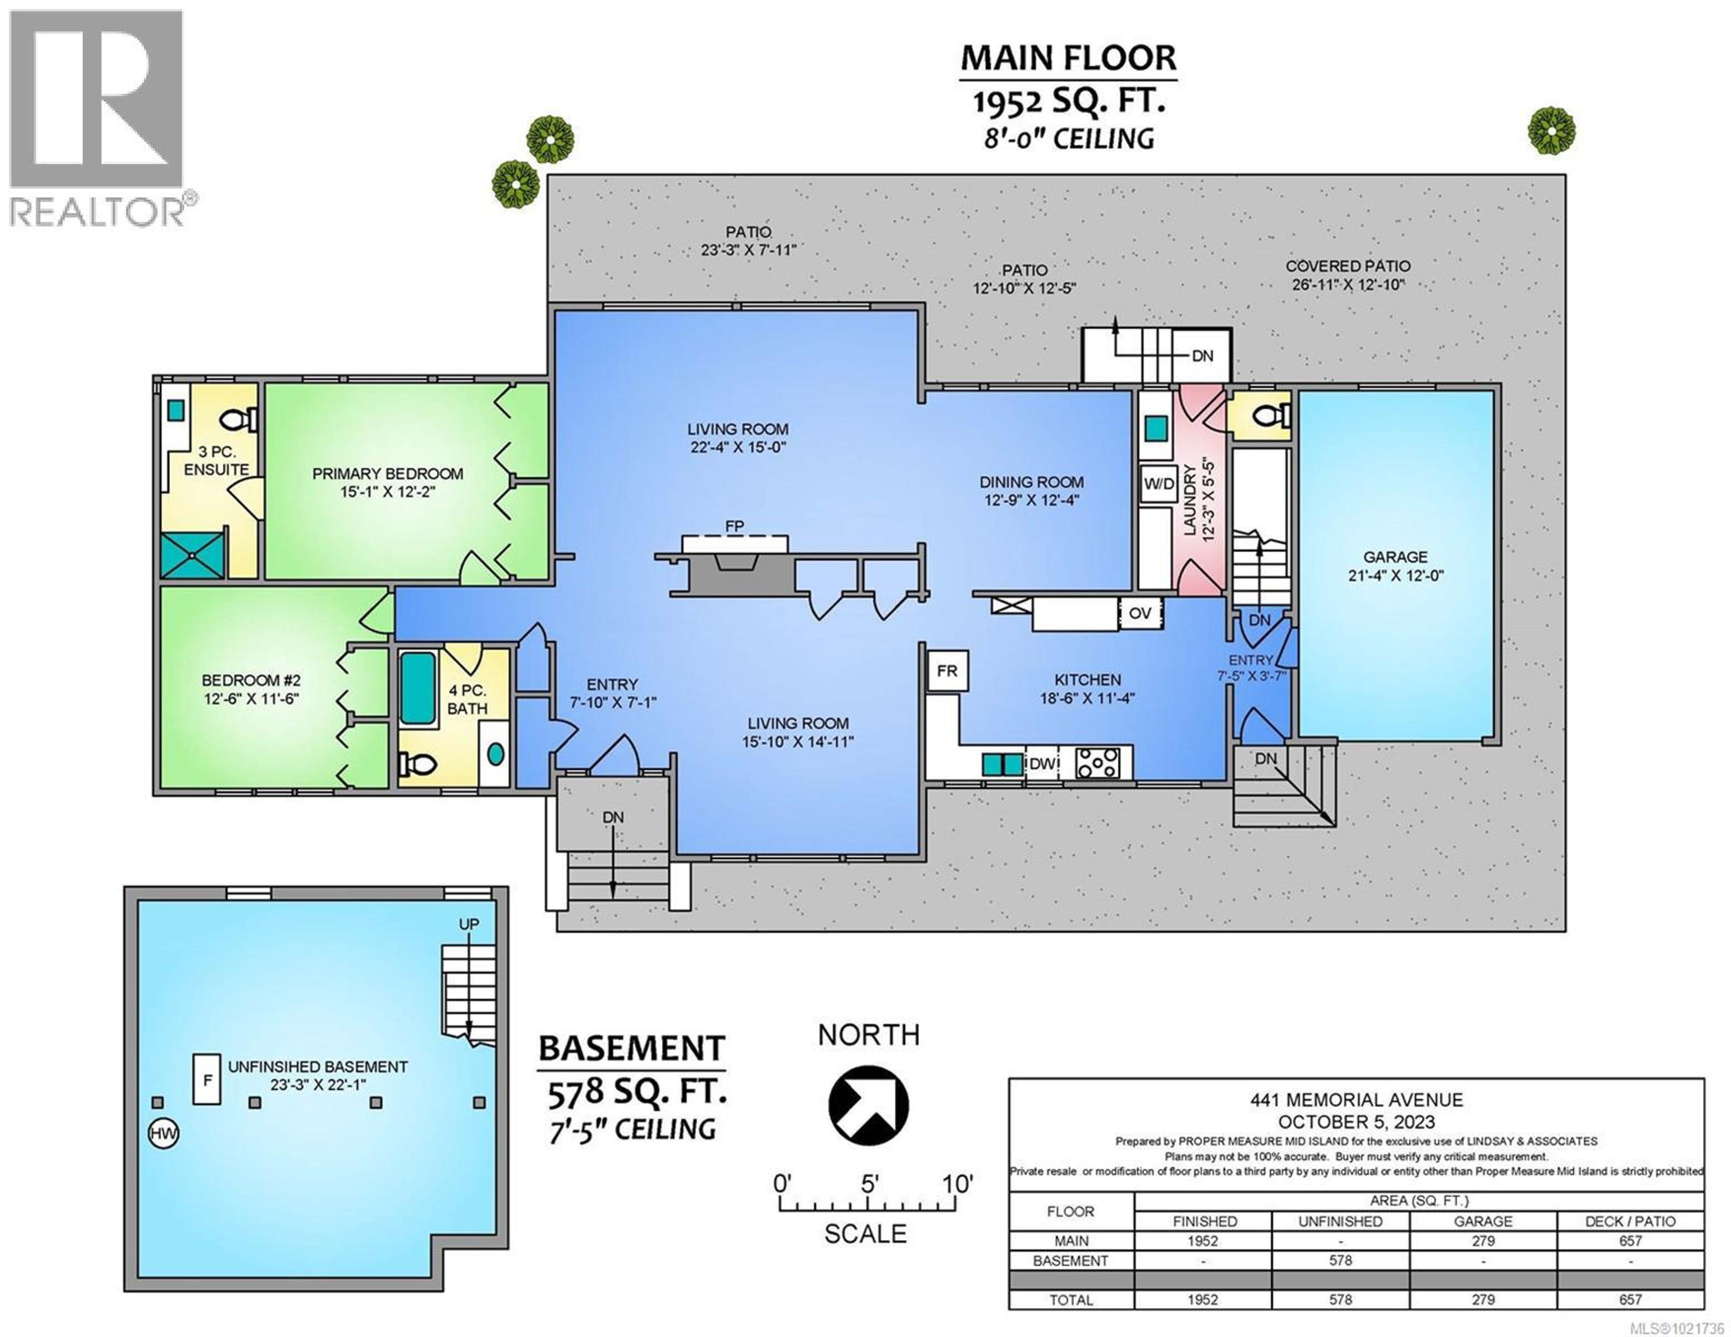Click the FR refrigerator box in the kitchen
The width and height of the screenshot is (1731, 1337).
(x=947, y=671)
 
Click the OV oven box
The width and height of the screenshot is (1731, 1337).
(x=1140, y=613)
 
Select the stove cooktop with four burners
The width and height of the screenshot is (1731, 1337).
(x=1098, y=764)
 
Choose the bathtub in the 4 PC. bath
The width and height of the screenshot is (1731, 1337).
(x=417, y=688)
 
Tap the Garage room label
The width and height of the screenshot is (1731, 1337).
(x=1395, y=557)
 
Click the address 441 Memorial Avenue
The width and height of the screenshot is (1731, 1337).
(x=1356, y=1100)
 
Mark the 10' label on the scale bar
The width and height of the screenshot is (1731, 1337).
(x=957, y=1185)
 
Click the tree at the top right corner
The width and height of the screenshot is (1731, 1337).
(x=1551, y=131)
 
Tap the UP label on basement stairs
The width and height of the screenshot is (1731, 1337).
(x=469, y=924)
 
